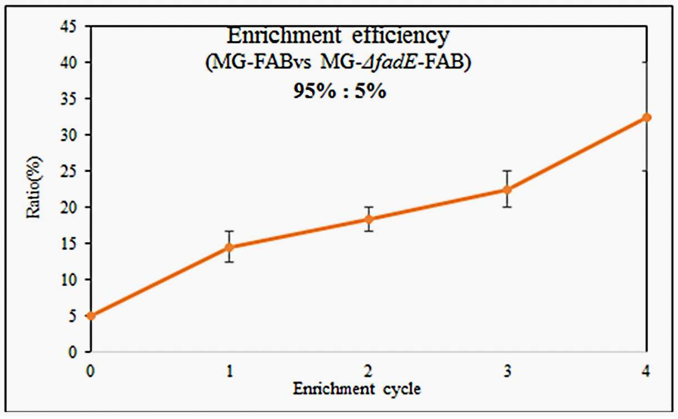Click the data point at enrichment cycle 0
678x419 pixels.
coord(91,316)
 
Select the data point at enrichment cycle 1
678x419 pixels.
coord(230,247)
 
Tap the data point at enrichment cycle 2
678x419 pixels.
coord(369,219)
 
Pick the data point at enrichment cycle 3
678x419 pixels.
coord(507,189)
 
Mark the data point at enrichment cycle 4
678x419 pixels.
coord(646,117)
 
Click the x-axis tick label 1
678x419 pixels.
coord(230,371)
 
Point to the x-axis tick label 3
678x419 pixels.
coord(507,371)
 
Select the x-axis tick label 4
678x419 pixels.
coord(646,371)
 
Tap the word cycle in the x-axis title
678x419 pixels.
coord(402,390)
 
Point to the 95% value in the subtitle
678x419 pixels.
coord(314,91)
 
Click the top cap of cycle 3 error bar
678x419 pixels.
coord(507,171)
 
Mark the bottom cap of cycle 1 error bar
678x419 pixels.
coord(230,262)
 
